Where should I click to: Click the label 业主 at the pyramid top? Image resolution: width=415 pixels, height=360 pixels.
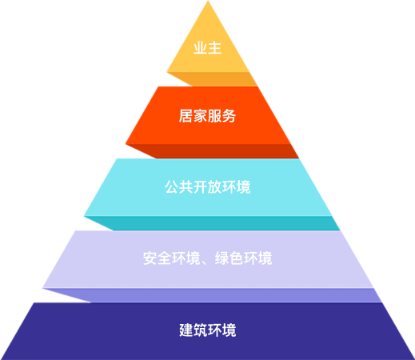pyautogui.click(x=207, y=48)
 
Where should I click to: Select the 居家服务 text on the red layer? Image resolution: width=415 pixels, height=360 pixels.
pyautogui.click(x=207, y=116)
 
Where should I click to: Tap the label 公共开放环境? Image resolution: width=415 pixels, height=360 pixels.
pyautogui.click(x=208, y=187)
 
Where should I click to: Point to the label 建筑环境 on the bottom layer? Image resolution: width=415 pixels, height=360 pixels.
pyautogui.click(x=208, y=330)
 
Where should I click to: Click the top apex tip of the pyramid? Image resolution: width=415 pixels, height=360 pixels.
pyautogui.click(x=208, y=1)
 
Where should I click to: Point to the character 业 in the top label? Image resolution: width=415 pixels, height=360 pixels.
pyautogui.click(x=201, y=48)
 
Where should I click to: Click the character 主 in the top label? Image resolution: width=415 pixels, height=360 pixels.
pyautogui.click(x=215, y=48)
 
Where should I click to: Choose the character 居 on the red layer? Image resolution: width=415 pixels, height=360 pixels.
pyautogui.click(x=186, y=116)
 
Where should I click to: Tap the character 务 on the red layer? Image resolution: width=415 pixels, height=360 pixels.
pyautogui.click(x=229, y=116)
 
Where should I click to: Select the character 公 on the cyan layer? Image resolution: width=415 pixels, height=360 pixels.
pyautogui.click(x=172, y=187)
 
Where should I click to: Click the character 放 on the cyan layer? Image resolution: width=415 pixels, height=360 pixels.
pyautogui.click(x=215, y=187)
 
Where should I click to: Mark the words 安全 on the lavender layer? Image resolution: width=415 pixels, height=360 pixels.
pyautogui.click(x=158, y=258)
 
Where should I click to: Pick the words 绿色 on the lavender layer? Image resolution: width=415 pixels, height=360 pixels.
pyautogui.click(x=229, y=258)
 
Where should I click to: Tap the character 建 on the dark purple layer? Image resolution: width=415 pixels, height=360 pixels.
pyautogui.click(x=186, y=330)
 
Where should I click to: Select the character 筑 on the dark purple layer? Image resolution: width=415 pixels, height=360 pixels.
pyautogui.click(x=201, y=330)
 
